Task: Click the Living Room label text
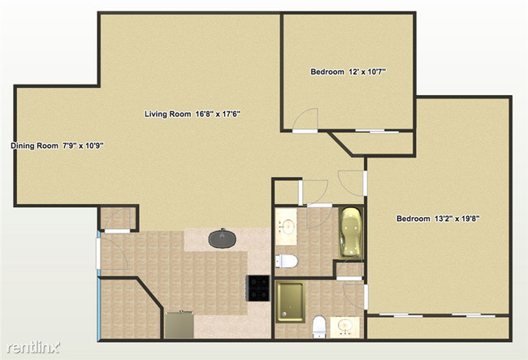tap(192, 114)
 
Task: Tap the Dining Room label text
tap(57, 146)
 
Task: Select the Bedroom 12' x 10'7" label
tap(348, 72)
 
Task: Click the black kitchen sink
tap(222, 239)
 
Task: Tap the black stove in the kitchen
tap(258, 287)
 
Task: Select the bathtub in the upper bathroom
tap(350, 232)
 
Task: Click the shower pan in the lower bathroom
tap(288, 300)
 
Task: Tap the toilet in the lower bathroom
tap(319, 327)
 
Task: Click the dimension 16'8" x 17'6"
tap(215, 114)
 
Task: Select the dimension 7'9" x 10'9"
tap(84, 146)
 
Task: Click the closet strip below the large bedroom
tap(439, 327)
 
